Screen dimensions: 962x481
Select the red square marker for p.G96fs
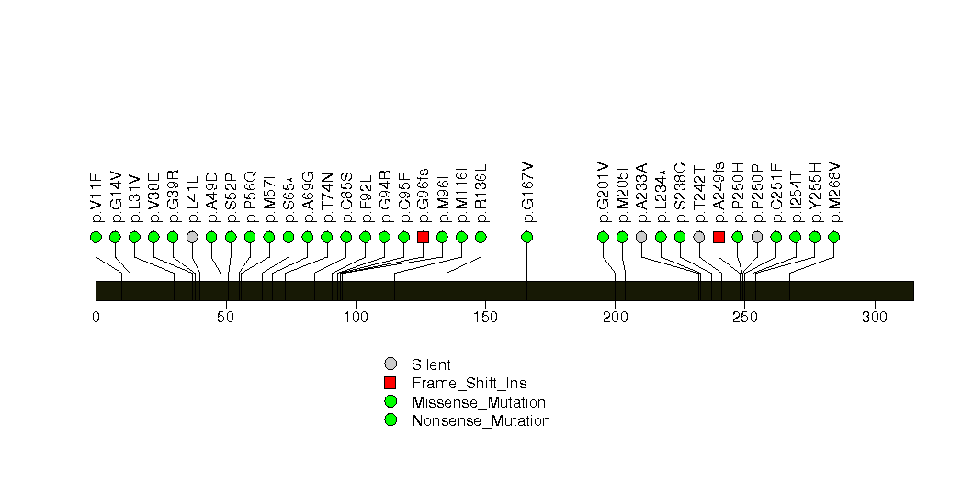click(x=423, y=237)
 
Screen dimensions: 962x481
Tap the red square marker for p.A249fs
click(x=719, y=237)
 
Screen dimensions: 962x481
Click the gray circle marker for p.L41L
click(x=192, y=237)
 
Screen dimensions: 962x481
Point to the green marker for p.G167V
click(x=526, y=237)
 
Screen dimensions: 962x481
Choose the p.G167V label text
click(x=527, y=193)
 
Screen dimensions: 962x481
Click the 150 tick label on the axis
click(x=485, y=318)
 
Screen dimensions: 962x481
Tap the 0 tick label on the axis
click(x=96, y=318)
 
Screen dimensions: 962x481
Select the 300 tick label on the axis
click(x=875, y=318)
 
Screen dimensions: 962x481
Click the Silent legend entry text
click(x=431, y=365)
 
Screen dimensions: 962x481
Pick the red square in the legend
click(x=390, y=383)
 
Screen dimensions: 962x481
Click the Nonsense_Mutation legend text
click(x=481, y=421)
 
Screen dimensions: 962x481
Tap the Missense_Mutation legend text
click(x=479, y=403)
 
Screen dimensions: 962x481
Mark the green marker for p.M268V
click(x=833, y=237)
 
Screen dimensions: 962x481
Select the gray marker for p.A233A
click(x=641, y=237)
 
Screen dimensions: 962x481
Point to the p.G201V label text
click(x=603, y=193)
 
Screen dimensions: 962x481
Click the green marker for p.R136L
click(x=481, y=237)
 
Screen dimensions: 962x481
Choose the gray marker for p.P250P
click(x=757, y=237)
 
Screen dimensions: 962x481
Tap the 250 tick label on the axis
click(x=745, y=318)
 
